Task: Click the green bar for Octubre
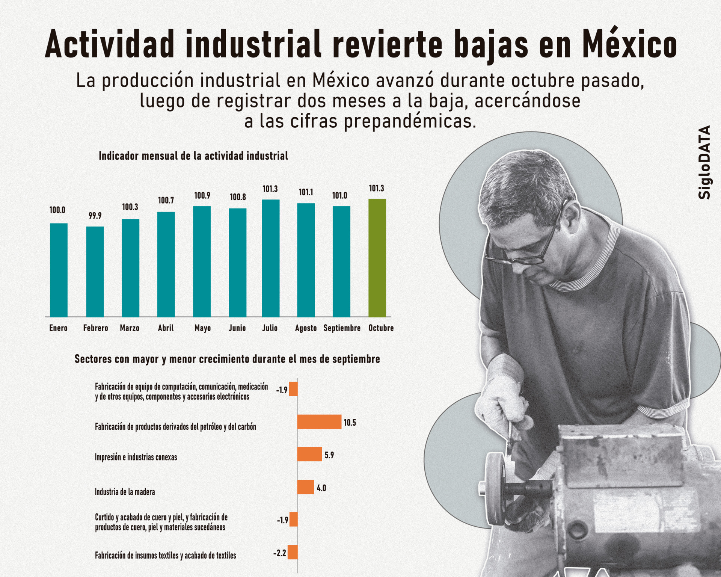pyautogui.click(x=377, y=258)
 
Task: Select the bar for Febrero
pyautogui.click(x=95, y=272)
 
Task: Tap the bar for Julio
pyautogui.click(x=270, y=258)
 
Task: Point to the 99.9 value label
pyautogui.click(x=95, y=216)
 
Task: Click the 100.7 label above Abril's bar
pyautogui.click(x=166, y=201)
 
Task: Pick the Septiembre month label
pyautogui.click(x=342, y=328)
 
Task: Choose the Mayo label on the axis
pyautogui.click(x=202, y=328)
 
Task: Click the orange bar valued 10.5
pyautogui.click(x=319, y=422)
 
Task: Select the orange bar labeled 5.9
pyautogui.click(x=309, y=454)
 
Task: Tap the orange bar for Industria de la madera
pyautogui.click(x=305, y=487)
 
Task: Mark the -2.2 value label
pyautogui.click(x=280, y=553)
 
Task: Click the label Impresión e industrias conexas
pyautogui.click(x=136, y=457)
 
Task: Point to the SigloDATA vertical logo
pyautogui.click(x=704, y=162)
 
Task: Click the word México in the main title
pyautogui.click(x=629, y=45)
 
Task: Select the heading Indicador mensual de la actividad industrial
pyautogui.click(x=193, y=156)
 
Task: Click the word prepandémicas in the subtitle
pyautogui.click(x=409, y=121)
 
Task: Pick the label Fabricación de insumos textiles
pyautogui.click(x=165, y=555)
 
